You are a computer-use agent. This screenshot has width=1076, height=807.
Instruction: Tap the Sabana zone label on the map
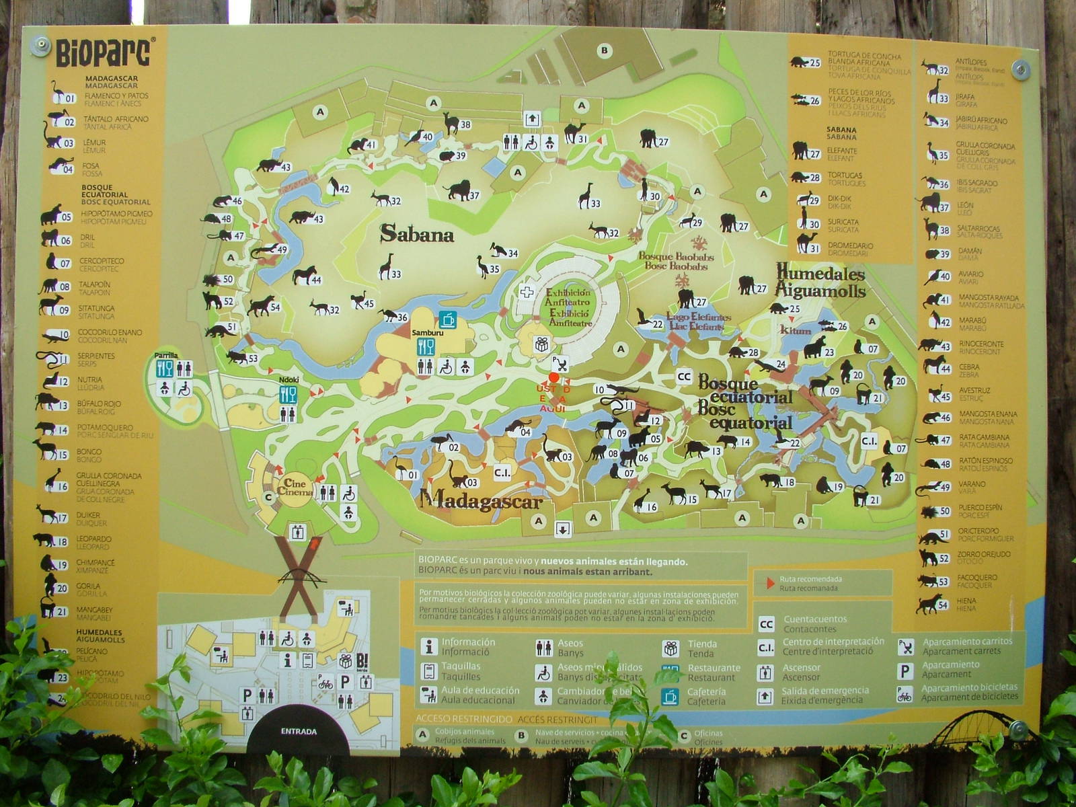point(417,234)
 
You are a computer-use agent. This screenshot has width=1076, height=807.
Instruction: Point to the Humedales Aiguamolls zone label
point(820,280)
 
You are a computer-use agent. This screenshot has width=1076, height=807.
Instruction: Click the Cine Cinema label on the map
point(295,487)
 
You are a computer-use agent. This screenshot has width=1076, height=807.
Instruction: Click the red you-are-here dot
point(553,377)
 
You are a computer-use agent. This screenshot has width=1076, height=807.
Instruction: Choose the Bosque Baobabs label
point(676,261)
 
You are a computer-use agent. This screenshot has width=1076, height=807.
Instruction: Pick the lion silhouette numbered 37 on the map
point(459,191)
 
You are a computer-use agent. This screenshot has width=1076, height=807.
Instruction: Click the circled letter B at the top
point(604,50)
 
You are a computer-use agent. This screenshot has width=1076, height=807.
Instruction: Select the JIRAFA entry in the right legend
point(966,100)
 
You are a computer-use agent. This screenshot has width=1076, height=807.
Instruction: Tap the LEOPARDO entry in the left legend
point(94,542)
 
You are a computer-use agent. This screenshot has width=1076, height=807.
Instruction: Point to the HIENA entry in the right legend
point(966,605)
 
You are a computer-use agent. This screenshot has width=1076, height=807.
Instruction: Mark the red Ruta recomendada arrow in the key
point(771,583)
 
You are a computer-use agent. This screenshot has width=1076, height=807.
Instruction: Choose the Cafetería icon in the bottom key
point(670,696)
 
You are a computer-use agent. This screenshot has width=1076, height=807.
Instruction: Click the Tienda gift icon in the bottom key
point(670,648)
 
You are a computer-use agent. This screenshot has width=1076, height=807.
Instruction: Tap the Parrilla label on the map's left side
point(166,355)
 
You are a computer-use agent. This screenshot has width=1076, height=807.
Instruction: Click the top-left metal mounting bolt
point(41,45)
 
